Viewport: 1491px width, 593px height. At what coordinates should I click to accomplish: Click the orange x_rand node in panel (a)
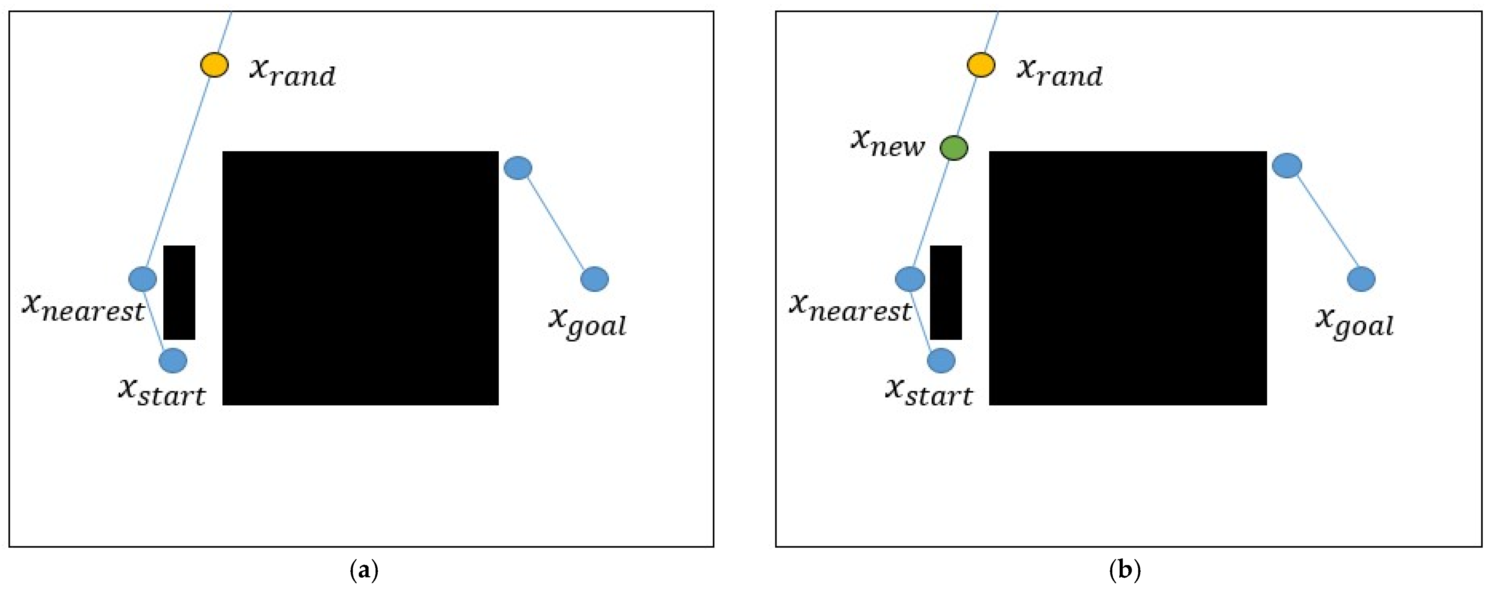(214, 65)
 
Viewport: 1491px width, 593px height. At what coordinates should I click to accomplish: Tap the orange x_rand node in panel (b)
(981, 65)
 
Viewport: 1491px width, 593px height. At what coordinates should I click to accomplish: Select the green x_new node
(953, 148)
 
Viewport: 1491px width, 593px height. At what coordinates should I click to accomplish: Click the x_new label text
(887, 143)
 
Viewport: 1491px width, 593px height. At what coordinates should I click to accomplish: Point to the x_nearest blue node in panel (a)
(142, 279)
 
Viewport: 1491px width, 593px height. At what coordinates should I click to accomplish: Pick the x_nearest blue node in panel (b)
(910, 279)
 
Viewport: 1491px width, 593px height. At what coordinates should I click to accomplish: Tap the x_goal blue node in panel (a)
(594, 279)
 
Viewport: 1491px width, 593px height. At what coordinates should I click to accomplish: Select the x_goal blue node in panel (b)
(1361, 279)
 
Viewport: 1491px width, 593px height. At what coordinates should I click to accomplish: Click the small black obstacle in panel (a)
(179, 292)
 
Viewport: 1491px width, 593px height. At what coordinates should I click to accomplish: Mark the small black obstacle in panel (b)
(946, 292)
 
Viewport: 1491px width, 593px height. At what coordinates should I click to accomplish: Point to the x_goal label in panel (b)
(1355, 323)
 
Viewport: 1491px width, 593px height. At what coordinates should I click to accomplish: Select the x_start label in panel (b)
(929, 392)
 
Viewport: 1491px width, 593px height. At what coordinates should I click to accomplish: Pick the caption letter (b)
(1125, 570)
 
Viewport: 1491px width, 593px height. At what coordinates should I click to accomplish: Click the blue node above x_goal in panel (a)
(518, 168)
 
